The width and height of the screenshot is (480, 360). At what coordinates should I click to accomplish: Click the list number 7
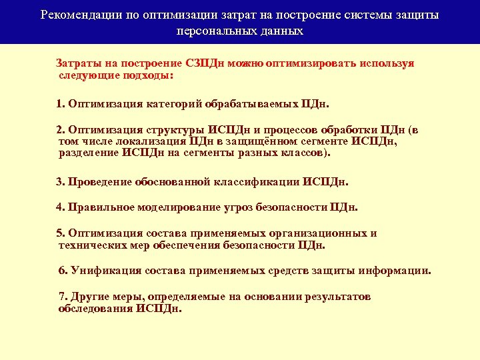63,296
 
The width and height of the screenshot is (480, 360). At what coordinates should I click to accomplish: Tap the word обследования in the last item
95,308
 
